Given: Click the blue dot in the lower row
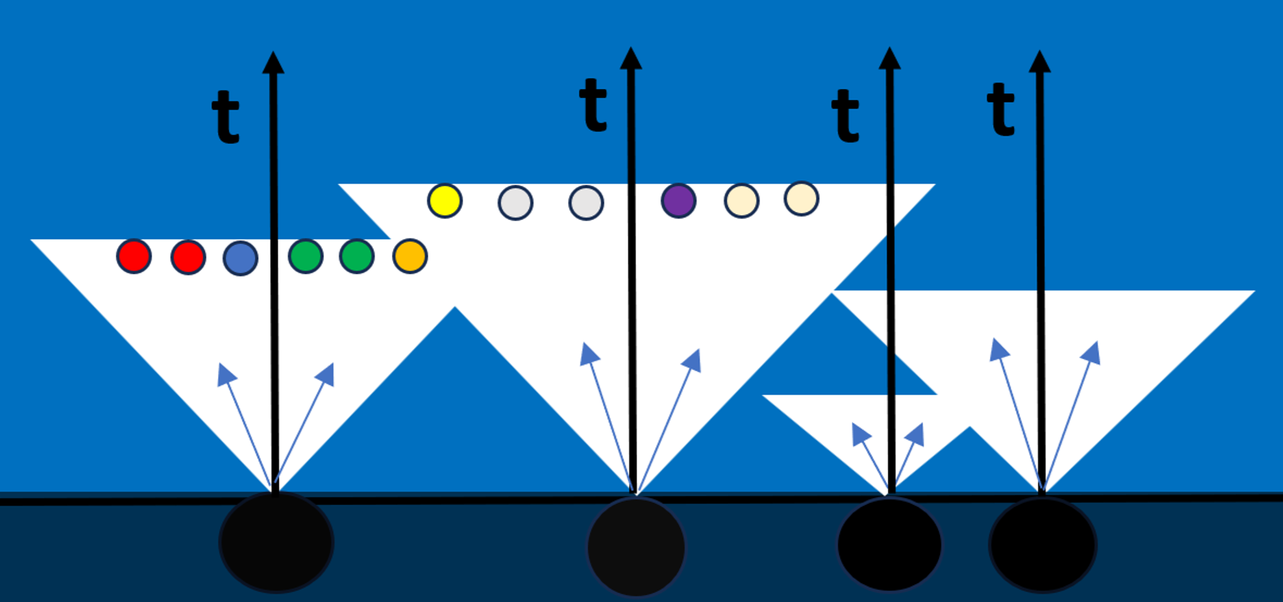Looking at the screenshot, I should point(241,258).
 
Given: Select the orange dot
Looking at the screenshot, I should point(410,256).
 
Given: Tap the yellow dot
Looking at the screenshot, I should point(444,201).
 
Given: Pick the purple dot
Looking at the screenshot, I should point(678,201).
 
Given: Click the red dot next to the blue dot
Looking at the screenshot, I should point(188,257).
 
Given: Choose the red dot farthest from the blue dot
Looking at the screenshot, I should point(134,256).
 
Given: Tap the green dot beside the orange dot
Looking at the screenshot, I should point(357,256).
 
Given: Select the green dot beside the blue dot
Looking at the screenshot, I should point(305,256).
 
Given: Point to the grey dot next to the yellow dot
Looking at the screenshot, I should point(515,203).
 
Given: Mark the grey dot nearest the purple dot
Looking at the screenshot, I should point(586,203).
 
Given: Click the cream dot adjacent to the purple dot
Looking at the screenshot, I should point(742,201).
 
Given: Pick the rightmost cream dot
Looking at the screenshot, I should point(802,199).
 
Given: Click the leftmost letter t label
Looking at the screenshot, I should point(225,117).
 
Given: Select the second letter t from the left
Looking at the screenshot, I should point(593,106).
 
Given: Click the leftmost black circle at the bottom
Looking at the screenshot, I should point(276,543).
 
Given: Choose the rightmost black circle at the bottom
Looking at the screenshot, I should point(1042,544).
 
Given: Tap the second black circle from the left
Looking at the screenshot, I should point(636,546).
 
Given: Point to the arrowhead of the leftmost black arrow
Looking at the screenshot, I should point(273,63).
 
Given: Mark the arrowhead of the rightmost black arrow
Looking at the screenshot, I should point(1039,62).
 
